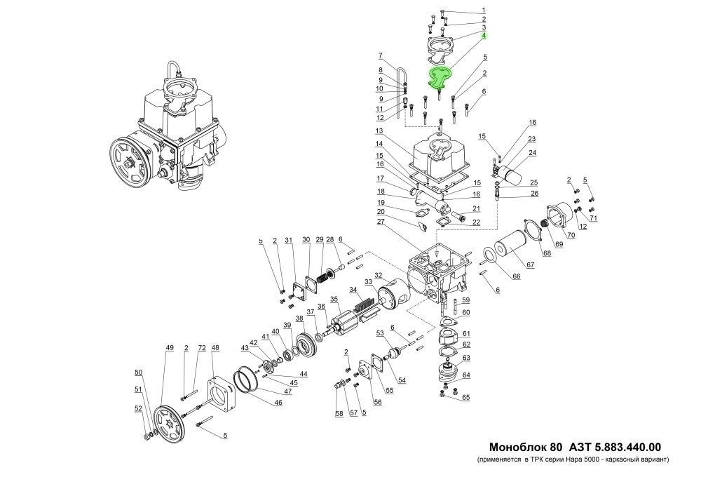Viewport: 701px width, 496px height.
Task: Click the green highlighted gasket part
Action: [440, 78]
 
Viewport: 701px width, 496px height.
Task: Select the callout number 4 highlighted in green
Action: [483, 34]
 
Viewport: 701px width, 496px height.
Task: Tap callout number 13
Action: [378, 131]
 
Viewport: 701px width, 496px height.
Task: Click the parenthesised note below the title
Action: [573, 460]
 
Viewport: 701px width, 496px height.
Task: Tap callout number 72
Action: [201, 348]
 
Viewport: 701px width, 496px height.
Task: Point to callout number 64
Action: [465, 375]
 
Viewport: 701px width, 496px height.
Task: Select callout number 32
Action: [378, 275]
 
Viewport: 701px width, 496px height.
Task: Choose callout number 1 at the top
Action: [483, 10]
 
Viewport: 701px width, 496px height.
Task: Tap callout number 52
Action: [138, 408]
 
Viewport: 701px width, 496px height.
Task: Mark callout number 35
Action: [335, 300]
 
